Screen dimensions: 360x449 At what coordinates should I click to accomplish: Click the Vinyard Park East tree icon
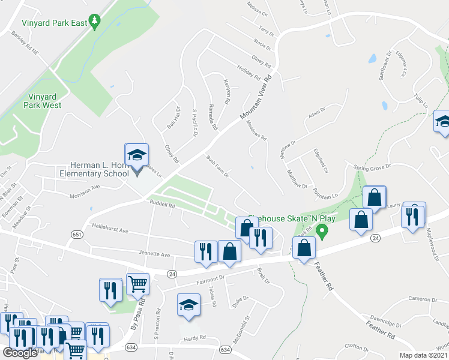(x=95, y=23)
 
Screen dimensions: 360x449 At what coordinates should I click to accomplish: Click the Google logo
(x=20, y=353)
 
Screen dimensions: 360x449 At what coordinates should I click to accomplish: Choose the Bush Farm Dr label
(x=218, y=167)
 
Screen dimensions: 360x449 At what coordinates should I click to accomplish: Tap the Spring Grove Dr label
(x=372, y=166)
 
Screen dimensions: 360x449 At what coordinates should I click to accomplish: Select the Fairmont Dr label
(x=209, y=278)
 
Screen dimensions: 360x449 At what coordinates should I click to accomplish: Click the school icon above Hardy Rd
(x=188, y=305)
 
